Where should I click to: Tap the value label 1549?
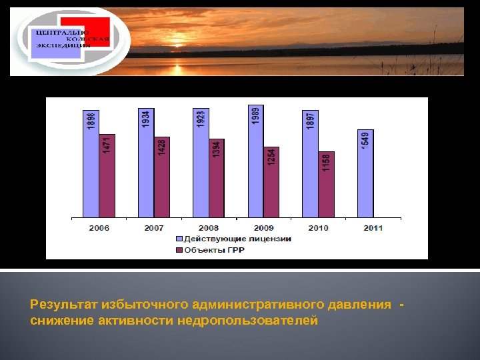click(365, 141)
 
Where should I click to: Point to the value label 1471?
click(107, 145)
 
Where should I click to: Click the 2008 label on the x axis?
click(209, 228)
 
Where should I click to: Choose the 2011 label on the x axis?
click(373, 228)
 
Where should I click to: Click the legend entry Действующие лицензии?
click(237, 239)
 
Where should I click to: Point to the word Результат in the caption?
click(64, 305)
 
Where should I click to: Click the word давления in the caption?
click(359, 305)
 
